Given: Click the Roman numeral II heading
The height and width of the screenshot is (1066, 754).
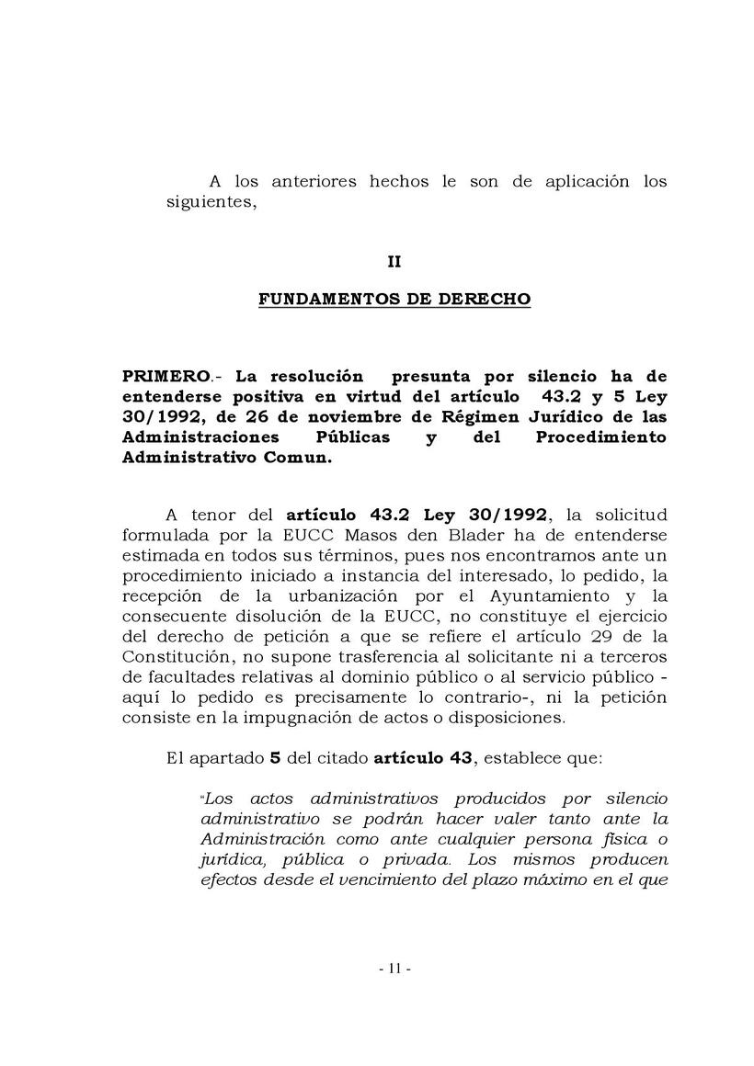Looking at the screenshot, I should click(394, 261).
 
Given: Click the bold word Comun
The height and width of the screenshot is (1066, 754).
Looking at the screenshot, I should click(299, 457).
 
